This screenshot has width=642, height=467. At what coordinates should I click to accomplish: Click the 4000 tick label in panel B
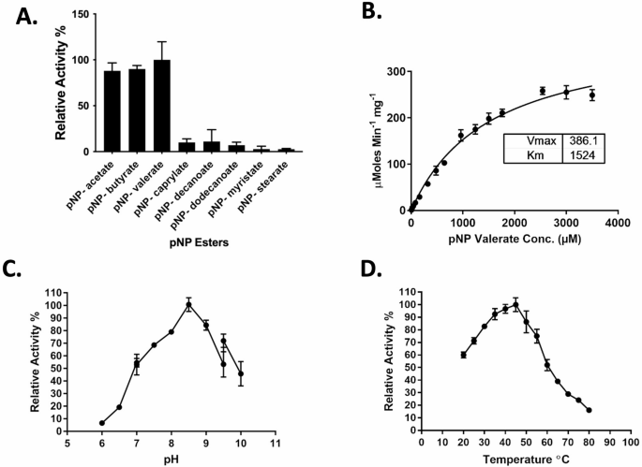pos(617,226)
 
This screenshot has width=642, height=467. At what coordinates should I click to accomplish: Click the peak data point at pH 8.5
pos(188,304)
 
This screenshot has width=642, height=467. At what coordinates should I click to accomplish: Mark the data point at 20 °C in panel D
pos(463,355)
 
